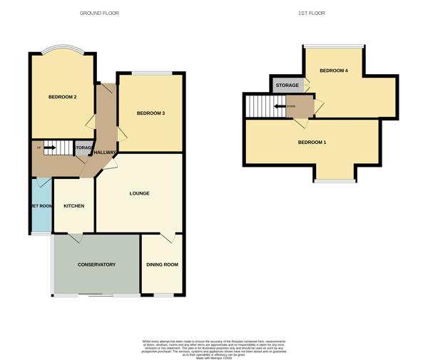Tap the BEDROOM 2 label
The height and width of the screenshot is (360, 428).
point(62,97)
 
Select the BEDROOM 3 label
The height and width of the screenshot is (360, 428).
point(151,113)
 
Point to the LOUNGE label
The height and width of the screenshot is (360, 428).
point(139,193)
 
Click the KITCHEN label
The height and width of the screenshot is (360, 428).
point(73,206)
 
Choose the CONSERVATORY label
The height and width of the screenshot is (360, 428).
point(96,264)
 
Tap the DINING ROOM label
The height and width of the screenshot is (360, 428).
point(162,264)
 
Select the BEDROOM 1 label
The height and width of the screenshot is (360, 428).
point(312,143)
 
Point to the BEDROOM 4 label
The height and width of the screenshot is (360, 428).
point(333,71)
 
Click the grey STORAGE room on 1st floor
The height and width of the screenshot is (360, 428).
point(287,86)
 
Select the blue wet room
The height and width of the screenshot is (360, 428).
point(41,206)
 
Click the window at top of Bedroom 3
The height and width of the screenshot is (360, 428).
point(151,72)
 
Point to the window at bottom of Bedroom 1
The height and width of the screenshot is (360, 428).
point(335,181)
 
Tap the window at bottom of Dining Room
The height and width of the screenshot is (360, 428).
point(163,294)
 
